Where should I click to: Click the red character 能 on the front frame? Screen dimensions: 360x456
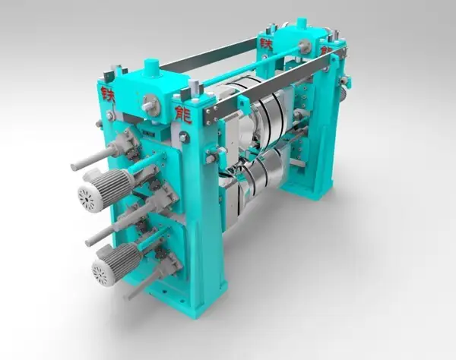point(183,116)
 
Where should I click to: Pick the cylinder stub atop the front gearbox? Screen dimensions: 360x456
point(152,68)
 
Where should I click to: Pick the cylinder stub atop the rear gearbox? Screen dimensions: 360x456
point(301,24)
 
